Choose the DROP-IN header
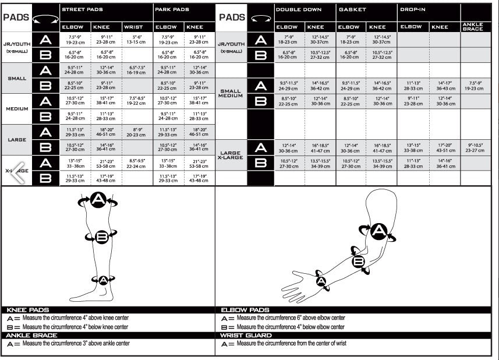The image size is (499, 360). tap(412, 10)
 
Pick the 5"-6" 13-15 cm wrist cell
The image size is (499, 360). tap(136, 40)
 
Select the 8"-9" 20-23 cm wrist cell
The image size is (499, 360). tap(136, 131)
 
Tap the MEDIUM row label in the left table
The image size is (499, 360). tap(17, 108)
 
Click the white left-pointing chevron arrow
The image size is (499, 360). tap(17, 170)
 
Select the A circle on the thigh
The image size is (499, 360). tap(98, 200)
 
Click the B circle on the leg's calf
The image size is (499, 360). tap(102, 237)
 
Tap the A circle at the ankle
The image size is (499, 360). tap(103, 280)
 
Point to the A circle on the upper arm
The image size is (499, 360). tap(379, 232)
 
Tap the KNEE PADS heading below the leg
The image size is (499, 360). tap(27, 310)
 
